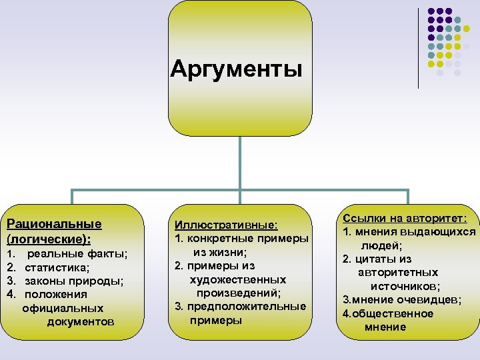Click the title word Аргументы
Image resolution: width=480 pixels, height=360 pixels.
click(x=236, y=69)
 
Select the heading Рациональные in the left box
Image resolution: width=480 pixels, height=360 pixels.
click(x=53, y=223)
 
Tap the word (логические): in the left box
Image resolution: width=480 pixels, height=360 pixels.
click(x=48, y=238)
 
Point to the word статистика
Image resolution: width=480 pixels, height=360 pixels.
click(x=57, y=267)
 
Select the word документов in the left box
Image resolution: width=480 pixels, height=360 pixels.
click(x=81, y=322)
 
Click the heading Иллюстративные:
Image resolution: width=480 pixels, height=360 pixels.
click(x=226, y=225)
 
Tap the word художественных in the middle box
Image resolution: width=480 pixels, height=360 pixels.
click(x=237, y=279)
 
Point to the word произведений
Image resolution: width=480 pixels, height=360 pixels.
click(x=238, y=293)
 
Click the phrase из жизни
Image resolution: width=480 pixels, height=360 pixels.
click(x=220, y=252)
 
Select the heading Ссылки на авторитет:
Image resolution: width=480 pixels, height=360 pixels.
click(x=405, y=218)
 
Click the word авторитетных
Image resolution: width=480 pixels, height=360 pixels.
click(x=398, y=272)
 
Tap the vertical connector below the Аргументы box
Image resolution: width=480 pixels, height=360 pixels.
click(x=239, y=163)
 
